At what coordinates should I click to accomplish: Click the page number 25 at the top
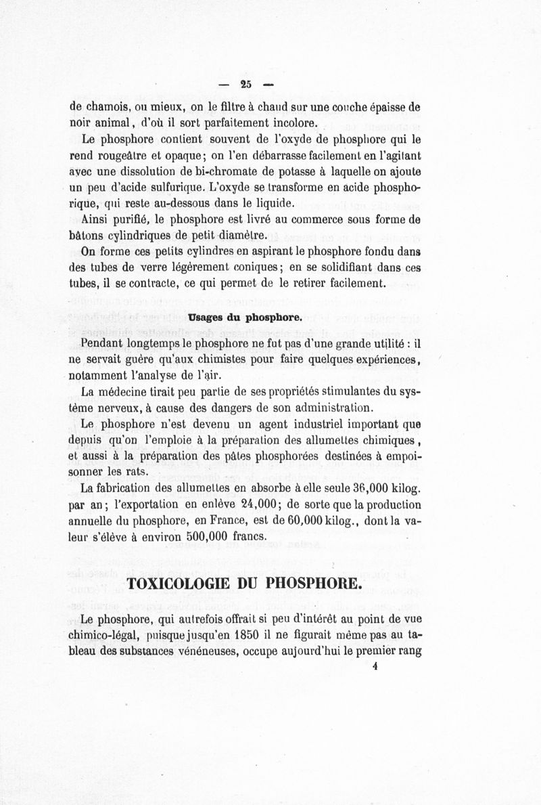(x=244, y=85)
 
